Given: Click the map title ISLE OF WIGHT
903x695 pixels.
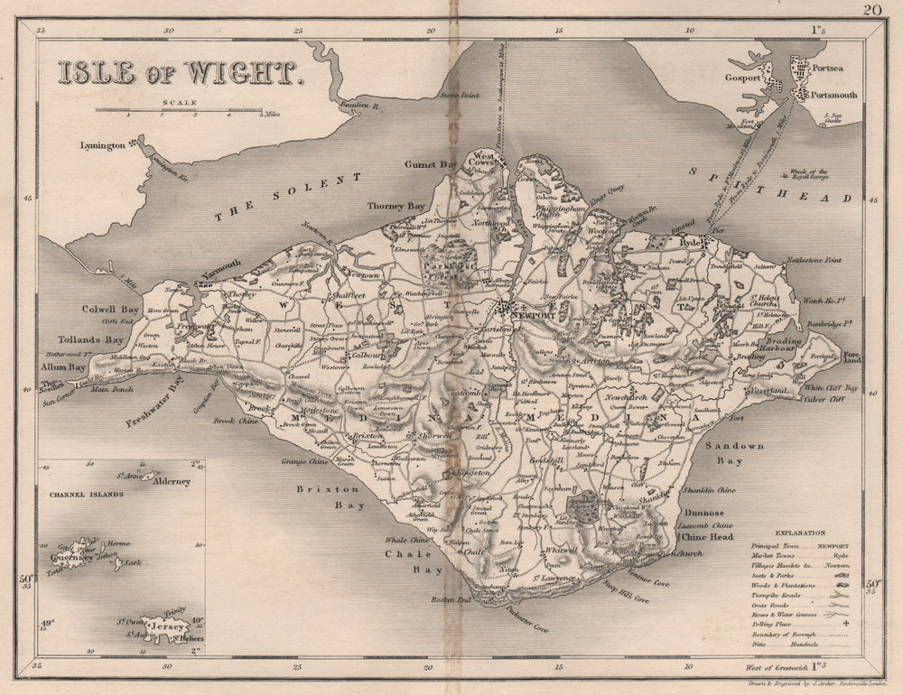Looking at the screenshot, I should (178, 72).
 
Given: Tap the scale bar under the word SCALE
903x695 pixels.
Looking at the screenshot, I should (179, 111).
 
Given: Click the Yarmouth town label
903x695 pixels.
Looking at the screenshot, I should (220, 264).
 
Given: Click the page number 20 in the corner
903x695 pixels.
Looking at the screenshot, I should (871, 11).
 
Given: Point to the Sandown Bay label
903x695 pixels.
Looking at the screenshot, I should (740, 453).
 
